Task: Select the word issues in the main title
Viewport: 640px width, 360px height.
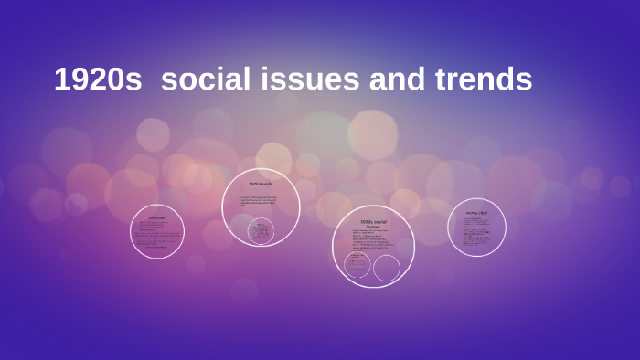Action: pos(314,80)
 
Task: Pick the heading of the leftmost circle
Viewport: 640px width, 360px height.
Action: pos(157,217)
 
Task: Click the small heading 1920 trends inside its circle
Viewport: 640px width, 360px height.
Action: pos(261,184)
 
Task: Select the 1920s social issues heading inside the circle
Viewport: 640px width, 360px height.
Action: pos(373,225)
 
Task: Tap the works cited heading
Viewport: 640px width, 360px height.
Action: pos(476,213)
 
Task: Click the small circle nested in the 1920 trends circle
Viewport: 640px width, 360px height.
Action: pos(261,231)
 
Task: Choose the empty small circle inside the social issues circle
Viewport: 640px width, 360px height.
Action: pos(387,268)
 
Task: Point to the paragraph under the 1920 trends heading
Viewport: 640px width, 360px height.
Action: pos(259,200)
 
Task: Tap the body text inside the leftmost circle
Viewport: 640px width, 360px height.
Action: pos(157,236)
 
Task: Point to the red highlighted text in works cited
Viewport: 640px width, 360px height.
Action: pos(472,233)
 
